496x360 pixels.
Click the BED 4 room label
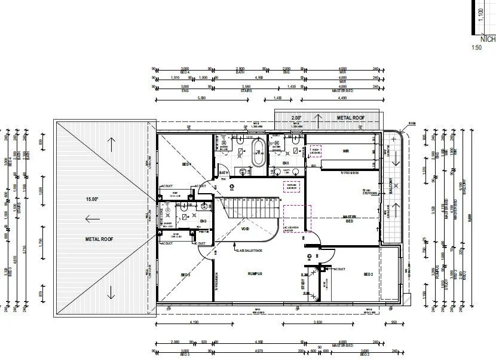pyautogui.click(x=186, y=164)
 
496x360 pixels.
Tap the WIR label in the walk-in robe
pyautogui.click(x=345, y=151)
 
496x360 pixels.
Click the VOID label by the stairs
pyautogui.click(x=245, y=228)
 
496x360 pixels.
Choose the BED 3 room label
pyautogui.click(x=185, y=274)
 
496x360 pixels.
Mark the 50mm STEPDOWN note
pyautogui.click(x=371, y=192)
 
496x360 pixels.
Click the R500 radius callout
pyautogui.click(x=411, y=124)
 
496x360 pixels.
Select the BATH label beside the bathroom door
pyautogui.click(x=224, y=173)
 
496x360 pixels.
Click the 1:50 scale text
pyautogui.click(x=476, y=47)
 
